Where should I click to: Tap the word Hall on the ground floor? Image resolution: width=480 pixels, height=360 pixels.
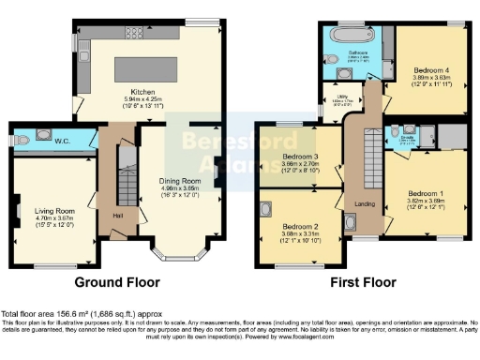pyautogui.click(x=119, y=215)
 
